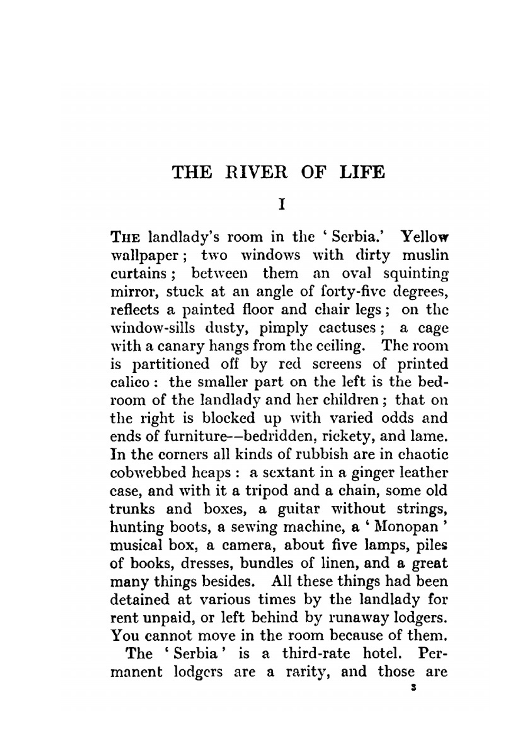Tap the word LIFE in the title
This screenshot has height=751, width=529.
click(x=361, y=173)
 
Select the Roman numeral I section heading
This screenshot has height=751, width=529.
click(x=281, y=204)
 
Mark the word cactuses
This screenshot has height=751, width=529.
click(x=348, y=328)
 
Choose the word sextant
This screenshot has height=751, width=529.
click(x=281, y=472)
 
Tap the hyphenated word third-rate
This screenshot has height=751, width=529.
click(x=316, y=654)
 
